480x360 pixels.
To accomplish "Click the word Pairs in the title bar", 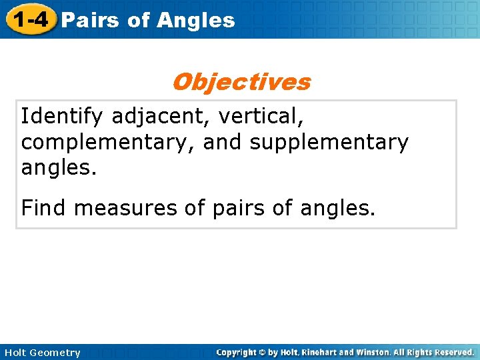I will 89,20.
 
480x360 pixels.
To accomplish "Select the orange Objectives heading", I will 241,82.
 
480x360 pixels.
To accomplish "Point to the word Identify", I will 62,117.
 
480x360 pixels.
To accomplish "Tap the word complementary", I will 106,143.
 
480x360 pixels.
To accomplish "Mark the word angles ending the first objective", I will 59,168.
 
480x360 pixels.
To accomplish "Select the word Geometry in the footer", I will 55,353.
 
